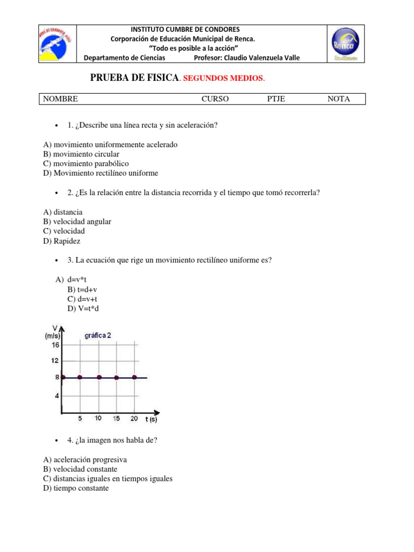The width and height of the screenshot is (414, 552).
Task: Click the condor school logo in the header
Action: [x=57, y=44]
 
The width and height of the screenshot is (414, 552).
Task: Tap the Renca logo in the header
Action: [x=346, y=44]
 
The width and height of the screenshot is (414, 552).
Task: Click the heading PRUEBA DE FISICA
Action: [x=134, y=78]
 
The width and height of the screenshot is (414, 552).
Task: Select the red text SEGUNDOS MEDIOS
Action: [x=223, y=79]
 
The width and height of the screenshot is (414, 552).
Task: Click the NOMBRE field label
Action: [x=60, y=99]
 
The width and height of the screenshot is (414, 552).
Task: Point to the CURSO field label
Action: [x=215, y=99]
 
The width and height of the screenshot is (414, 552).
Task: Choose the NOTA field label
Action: [x=339, y=99]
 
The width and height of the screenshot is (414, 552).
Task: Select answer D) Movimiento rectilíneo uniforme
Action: [x=101, y=173]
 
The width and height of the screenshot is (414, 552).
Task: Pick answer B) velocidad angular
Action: [x=77, y=222]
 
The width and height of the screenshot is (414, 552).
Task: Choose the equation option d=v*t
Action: [x=78, y=280]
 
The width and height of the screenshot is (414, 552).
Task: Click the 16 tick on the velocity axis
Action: [x=56, y=345]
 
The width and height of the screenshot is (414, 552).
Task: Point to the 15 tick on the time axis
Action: [x=116, y=418]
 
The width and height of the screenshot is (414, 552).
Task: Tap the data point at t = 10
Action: [x=99, y=377]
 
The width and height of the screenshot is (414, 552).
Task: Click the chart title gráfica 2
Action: [x=98, y=335]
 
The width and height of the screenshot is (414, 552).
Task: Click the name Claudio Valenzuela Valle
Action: [x=265, y=58]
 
